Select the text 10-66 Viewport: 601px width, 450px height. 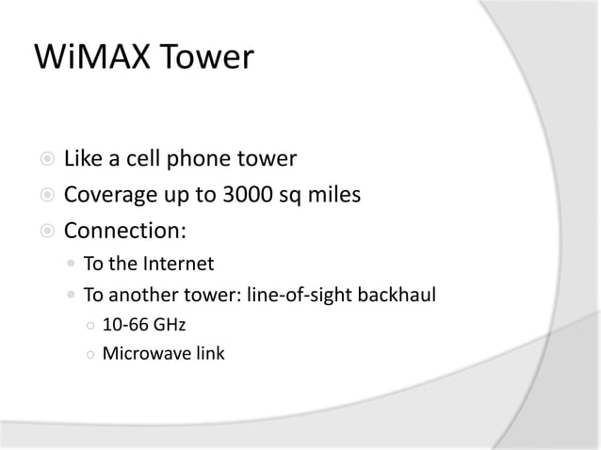coord(123,325)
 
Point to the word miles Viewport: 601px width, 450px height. coord(338,195)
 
